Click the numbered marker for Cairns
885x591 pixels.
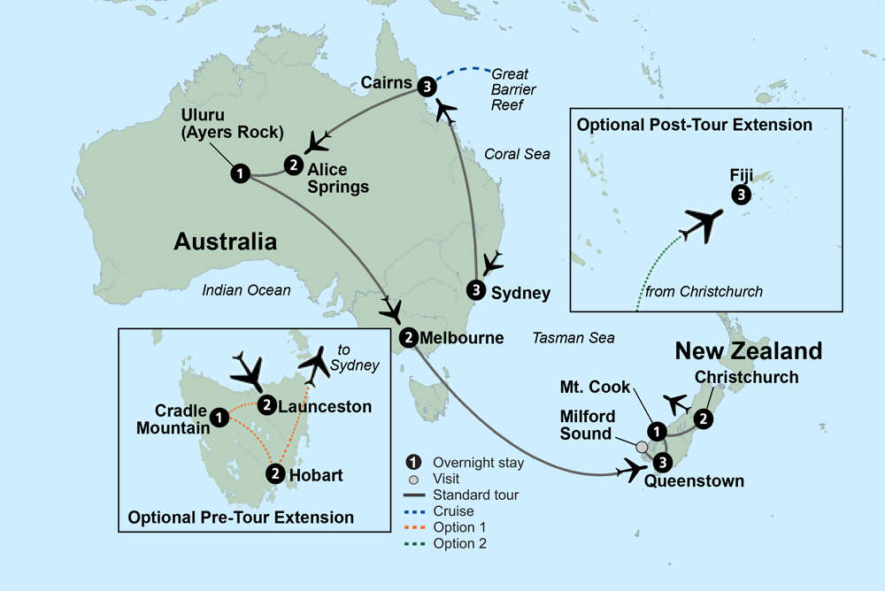(x=428, y=86)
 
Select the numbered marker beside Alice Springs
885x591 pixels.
(x=293, y=164)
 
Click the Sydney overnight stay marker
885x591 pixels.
(x=477, y=289)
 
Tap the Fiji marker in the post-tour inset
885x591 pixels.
(x=741, y=196)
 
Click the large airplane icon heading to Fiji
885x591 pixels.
(x=706, y=222)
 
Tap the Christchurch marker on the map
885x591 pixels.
(x=703, y=417)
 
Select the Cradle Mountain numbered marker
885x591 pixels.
(x=219, y=414)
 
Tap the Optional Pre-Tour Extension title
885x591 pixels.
(x=241, y=518)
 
